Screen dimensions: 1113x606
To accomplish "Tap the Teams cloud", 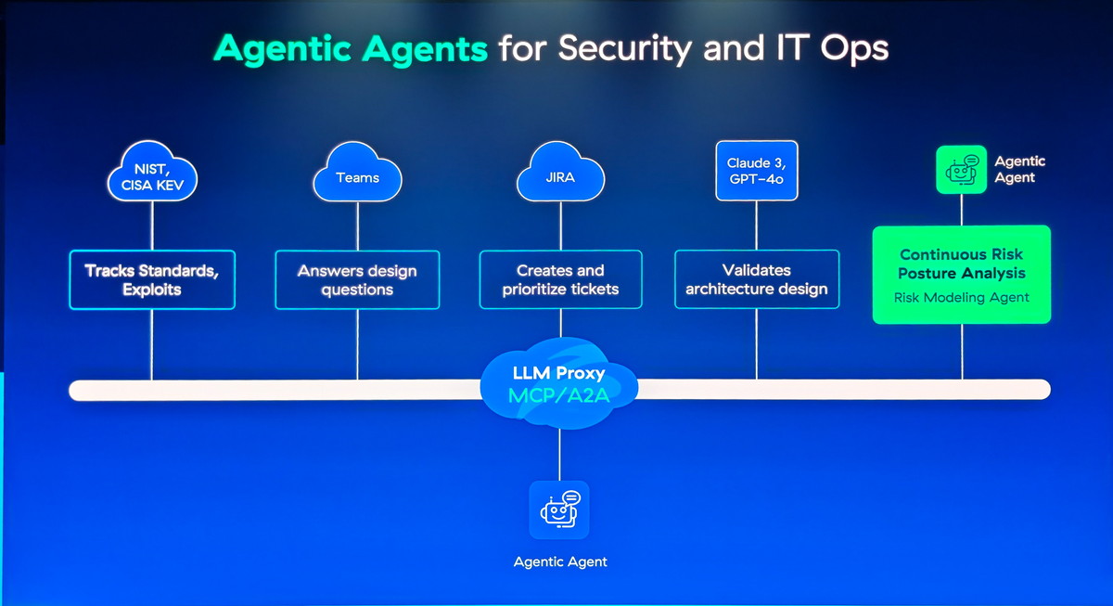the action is click(x=357, y=173).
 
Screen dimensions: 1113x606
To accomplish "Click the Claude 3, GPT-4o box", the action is click(x=757, y=171).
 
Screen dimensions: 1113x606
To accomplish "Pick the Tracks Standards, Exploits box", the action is click(x=152, y=280).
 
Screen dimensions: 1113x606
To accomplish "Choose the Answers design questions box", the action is click(x=357, y=280).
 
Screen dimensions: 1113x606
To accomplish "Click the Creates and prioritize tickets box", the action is click(x=560, y=279).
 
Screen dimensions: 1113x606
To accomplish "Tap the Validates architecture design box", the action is click(x=757, y=279).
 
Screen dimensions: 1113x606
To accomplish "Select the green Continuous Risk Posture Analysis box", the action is click(x=962, y=275).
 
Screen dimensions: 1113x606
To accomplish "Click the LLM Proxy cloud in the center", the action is click(x=559, y=382).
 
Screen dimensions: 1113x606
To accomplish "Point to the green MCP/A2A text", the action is click(x=559, y=395).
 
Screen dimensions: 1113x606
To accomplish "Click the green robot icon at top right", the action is click(x=961, y=170).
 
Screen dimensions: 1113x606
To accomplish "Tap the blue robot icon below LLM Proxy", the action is click(x=559, y=510).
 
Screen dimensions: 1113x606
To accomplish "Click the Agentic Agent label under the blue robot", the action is click(x=560, y=561).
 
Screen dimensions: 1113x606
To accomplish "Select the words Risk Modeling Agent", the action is click(x=962, y=297).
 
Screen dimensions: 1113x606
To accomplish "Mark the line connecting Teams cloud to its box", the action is click(x=357, y=226).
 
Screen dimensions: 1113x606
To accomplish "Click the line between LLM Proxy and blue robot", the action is click(x=559, y=455).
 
